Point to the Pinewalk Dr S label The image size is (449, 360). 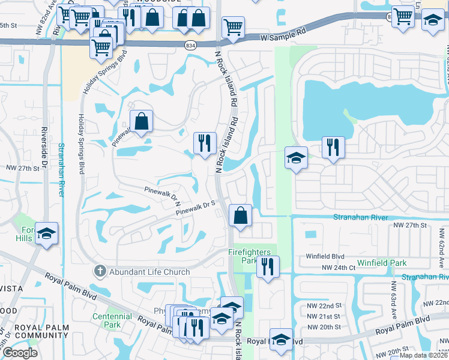[195, 208]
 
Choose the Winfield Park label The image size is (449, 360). [382, 263]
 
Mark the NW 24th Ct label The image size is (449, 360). [335, 268]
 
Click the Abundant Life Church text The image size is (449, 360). [149, 272]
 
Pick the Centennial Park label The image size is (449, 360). [112, 320]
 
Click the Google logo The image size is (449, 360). [20, 353]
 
